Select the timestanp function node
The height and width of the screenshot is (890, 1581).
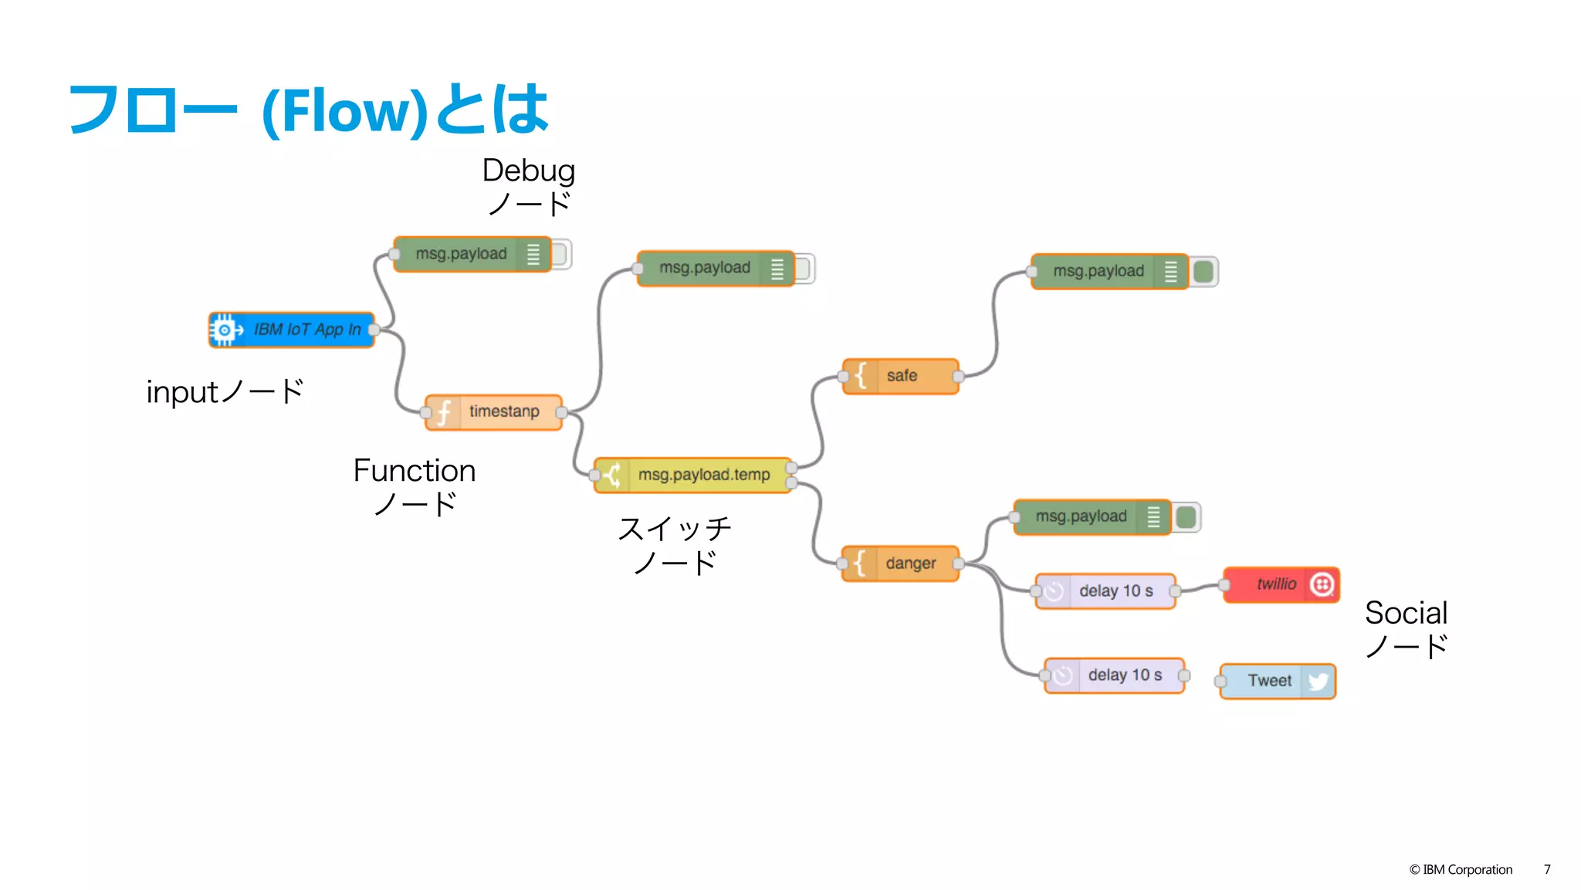click(494, 411)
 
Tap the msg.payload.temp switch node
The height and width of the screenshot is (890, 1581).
click(692, 475)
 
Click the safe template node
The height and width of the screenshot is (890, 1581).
click(901, 376)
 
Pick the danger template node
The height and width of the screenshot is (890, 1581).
click(901, 563)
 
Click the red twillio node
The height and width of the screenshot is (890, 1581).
click(1281, 584)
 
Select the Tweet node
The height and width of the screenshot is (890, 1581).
click(1278, 681)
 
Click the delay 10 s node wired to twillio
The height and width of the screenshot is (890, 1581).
click(1105, 591)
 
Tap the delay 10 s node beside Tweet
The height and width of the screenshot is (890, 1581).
click(1115, 675)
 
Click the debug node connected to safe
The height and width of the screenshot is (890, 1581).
click(1109, 271)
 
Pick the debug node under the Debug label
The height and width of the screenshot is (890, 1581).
click(472, 254)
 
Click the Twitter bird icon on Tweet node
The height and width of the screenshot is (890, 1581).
click(1319, 681)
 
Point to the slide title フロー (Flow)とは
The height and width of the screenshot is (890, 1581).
click(309, 110)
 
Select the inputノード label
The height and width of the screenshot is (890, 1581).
click(225, 392)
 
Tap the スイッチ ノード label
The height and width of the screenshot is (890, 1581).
click(674, 545)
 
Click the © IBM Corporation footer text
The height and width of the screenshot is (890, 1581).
click(1461, 869)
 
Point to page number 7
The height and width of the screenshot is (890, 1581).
click(1547, 869)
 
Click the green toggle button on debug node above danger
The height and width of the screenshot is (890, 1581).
click(1187, 516)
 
